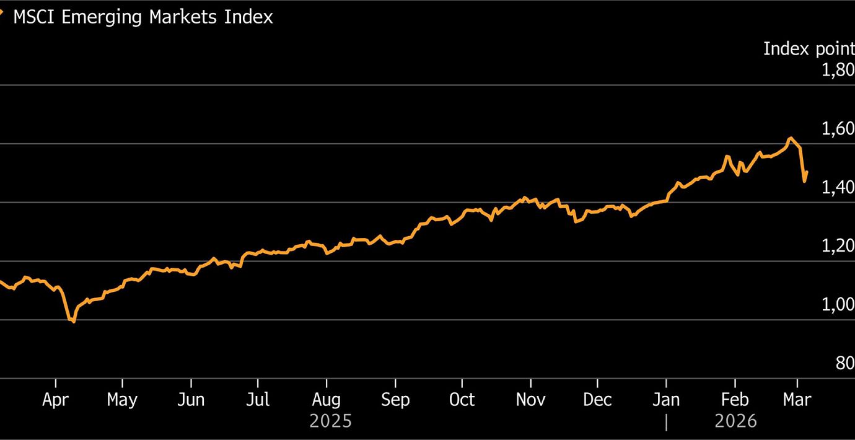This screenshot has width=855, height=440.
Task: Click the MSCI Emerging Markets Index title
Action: (x=142, y=17)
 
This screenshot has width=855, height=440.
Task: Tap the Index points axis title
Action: (x=809, y=48)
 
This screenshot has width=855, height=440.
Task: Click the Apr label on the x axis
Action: (x=55, y=400)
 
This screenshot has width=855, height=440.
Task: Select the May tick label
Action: (x=122, y=400)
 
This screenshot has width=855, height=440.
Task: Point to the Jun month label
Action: (x=190, y=400)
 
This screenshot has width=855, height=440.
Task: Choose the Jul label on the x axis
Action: (x=258, y=400)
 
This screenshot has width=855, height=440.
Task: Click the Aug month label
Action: (x=325, y=400)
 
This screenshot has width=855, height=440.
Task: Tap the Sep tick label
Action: (x=395, y=400)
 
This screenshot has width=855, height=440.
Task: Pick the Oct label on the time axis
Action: (x=462, y=400)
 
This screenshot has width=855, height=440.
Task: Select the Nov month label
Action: (x=530, y=400)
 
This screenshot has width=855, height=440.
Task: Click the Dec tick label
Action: (x=597, y=400)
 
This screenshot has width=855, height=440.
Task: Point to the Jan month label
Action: (x=666, y=400)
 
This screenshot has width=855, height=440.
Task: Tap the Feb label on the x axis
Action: (x=734, y=400)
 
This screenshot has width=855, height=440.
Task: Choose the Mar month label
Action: (x=797, y=400)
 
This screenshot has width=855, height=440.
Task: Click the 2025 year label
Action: (x=330, y=421)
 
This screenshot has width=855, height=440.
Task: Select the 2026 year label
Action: (x=735, y=421)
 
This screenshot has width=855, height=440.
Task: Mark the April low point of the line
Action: (x=74, y=322)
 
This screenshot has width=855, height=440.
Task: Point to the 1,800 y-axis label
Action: (x=838, y=70)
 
